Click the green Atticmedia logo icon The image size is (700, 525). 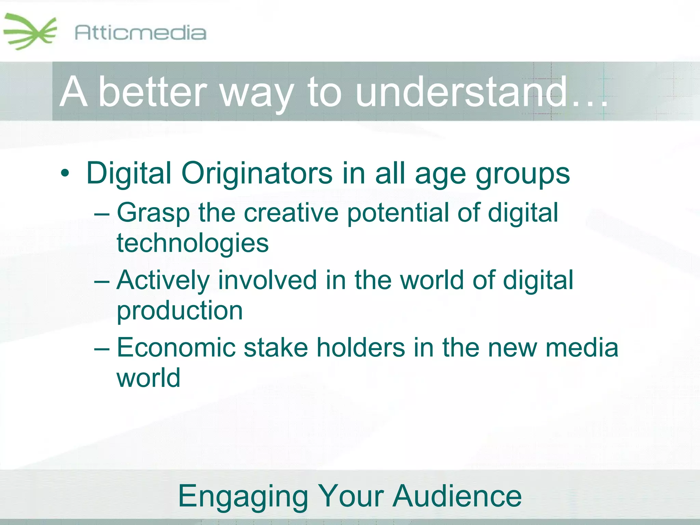click(30, 32)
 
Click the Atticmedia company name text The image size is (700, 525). click(140, 33)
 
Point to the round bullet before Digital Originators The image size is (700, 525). click(65, 174)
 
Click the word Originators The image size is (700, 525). click(256, 173)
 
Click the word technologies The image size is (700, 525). click(193, 243)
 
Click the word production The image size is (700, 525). click(180, 311)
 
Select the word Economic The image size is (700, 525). click(176, 348)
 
